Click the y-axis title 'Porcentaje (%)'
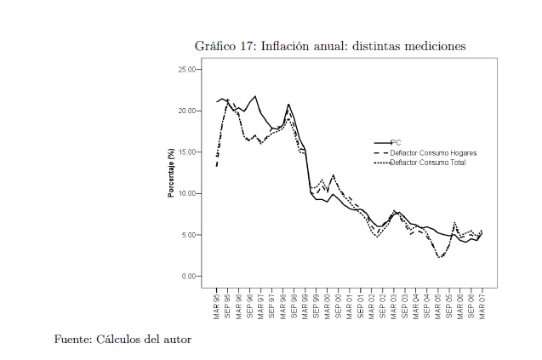[171, 173]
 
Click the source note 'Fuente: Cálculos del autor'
[123, 340]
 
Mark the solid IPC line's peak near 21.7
[255, 96]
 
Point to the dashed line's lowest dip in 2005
[439, 256]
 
